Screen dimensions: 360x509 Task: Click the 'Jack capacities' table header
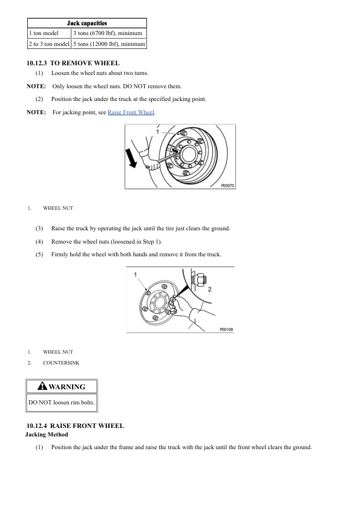[87, 23]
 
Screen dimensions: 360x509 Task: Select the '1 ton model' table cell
[50, 33]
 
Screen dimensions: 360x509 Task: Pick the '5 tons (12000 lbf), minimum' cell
[109, 44]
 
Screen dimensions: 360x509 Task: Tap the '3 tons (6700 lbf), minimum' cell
[109, 33]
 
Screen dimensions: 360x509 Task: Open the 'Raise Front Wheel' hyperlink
[131, 112]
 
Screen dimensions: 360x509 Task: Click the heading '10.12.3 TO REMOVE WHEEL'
[73, 63]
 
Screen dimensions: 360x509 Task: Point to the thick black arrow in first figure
[132, 158]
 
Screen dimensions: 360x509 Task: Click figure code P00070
[227, 186]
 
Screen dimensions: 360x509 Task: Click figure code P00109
[226, 329]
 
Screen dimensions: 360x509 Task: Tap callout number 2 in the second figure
[209, 289]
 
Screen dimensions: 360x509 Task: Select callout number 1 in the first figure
[157, 131]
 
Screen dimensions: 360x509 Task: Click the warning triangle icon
[42, 386]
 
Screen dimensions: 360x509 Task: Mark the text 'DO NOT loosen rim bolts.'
[61, 403]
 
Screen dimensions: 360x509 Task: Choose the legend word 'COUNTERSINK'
[61, 363]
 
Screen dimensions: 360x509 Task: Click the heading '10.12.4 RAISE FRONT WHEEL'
[75, 426]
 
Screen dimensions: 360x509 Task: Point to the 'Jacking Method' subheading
[47, 435]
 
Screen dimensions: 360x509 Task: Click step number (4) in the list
[39, 242]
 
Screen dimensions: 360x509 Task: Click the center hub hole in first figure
[188, 154]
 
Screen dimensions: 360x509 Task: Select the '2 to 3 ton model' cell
[50, 44]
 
